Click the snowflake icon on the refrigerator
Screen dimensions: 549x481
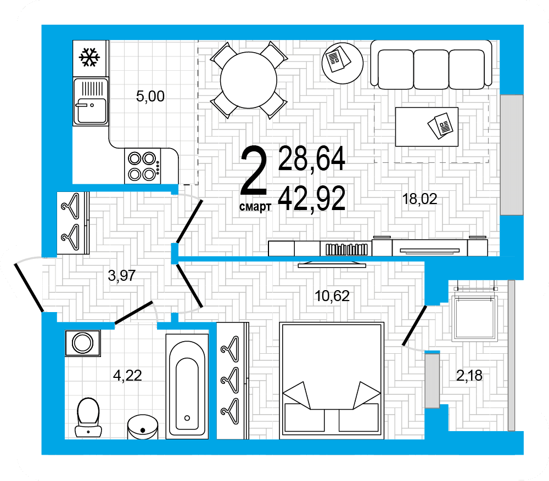click(89, 58)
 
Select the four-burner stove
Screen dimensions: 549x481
click(143, 166)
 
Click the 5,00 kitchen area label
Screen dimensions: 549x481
click(150, 96)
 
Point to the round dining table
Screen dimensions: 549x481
click(249, 80)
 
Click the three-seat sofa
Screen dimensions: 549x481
click(432, 65)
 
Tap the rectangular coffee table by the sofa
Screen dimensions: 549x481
click(427, 127)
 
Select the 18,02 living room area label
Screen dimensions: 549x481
click(420, 199)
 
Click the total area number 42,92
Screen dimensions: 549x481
click(312, 198)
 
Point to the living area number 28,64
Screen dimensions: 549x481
click(312, 159)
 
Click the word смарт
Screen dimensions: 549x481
click(255, 207)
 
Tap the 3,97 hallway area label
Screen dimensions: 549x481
click(121, 276)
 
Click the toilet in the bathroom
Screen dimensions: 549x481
click(88, 417)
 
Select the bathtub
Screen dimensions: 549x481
click(187, 386)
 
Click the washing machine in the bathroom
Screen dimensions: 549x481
click(83, 343)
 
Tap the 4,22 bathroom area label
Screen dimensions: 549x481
click(127, 375)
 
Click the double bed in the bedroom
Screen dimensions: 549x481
click(332, 381)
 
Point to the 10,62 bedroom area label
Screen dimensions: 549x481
click(332, 296)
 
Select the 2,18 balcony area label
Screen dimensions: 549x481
click(469, 376)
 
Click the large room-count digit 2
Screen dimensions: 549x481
click(254, 171)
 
